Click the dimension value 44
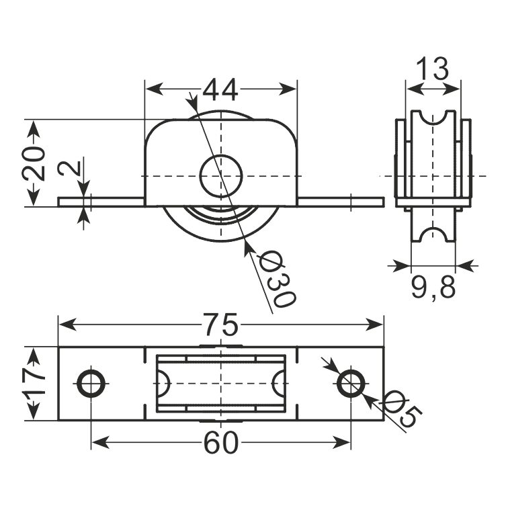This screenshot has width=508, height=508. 220,89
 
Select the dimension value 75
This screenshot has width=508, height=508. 221,325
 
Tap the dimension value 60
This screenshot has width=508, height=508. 221,443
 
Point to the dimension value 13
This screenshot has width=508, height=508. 433,69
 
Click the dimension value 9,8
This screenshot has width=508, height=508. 433,286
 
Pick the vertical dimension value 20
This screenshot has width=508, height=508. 34,163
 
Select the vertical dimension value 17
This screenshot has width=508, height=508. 34,384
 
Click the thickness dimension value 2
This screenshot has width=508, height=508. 69,169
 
